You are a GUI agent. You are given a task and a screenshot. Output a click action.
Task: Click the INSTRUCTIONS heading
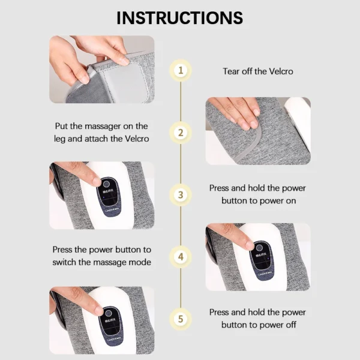[180, 17]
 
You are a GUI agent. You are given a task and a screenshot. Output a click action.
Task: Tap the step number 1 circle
[180, 71]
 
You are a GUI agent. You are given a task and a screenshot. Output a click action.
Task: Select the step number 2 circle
[180, 133]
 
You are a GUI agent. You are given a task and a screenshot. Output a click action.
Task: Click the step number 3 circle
[180, 194]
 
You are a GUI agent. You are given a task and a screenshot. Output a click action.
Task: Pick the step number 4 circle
[180, 257]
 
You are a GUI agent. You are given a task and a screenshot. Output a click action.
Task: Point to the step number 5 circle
[180, 319]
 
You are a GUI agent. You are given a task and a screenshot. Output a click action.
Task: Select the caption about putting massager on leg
[100, 133]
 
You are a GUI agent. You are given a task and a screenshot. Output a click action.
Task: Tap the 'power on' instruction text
[257, 194]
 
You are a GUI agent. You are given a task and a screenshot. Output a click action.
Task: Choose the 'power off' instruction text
[257, 319]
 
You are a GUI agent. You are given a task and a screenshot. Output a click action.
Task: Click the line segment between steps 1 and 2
[180, 101]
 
